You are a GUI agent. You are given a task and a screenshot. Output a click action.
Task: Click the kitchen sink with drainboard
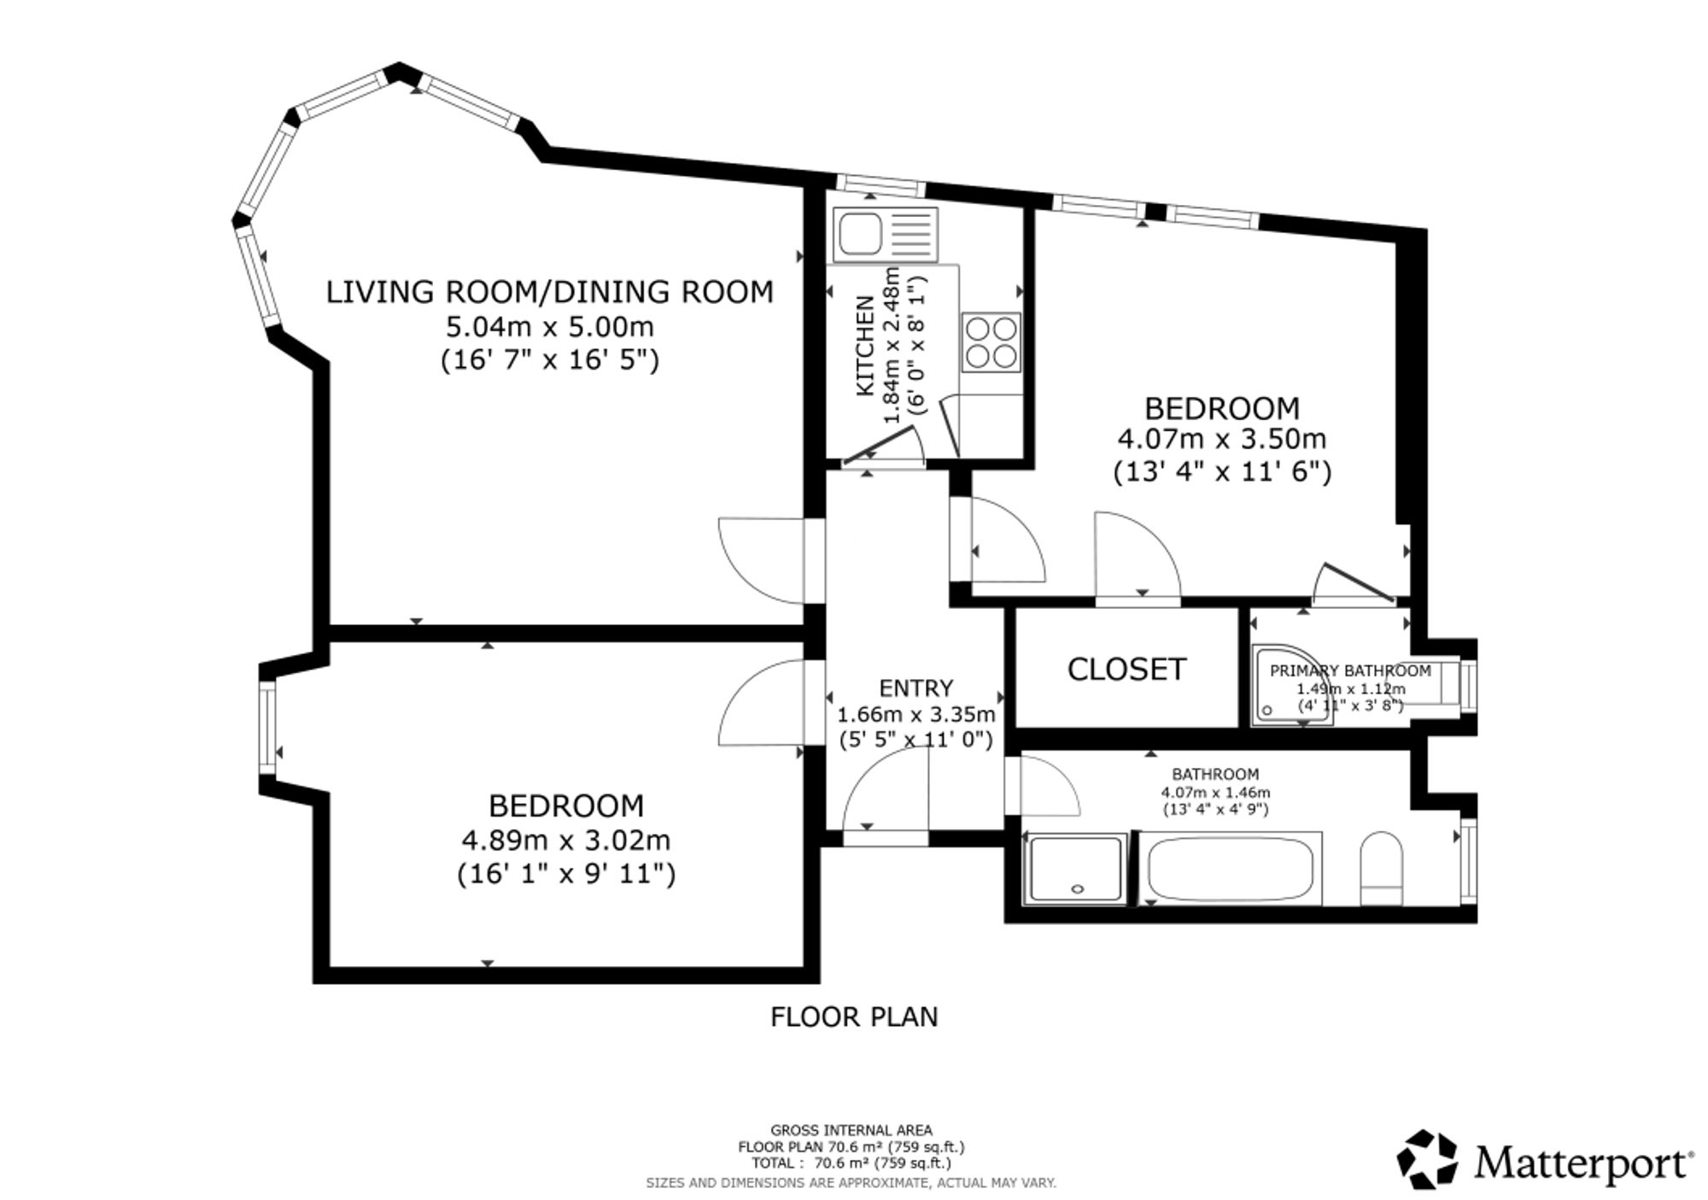[x=886, y=234]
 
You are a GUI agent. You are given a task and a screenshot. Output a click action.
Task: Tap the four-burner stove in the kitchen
[x=991, y=342]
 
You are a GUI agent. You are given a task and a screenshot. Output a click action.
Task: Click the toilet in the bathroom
[x=1381, y=868]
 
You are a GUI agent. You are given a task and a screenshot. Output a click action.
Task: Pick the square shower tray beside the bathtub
[x=1076, y=868]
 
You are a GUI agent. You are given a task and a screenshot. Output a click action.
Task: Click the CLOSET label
[x=1126, y=669]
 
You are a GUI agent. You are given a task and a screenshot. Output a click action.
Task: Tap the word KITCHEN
[x=865, y=345]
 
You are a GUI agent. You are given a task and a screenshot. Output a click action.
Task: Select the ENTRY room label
[x=916, y=688]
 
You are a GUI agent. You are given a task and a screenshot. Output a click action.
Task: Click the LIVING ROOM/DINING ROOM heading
[x=550, y=292]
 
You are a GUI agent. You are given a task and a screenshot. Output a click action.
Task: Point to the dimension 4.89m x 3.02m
[x=566, y=840]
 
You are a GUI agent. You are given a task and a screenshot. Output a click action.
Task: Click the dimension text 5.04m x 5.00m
[x=550, y=326]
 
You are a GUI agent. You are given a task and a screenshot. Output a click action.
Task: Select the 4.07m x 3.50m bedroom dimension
[x=1222, y=439]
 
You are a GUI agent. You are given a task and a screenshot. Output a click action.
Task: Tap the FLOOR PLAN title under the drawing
[x=854, y=1016]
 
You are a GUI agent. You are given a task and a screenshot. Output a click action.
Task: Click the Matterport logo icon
[x=1427, y=1159]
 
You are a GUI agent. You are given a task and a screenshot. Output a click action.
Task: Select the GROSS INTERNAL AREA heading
[x=851, y=1130]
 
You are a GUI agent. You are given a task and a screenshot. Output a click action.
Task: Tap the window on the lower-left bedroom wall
[x=267, y=728]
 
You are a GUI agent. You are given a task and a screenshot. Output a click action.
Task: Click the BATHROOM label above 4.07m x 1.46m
[x=1215, y=775]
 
